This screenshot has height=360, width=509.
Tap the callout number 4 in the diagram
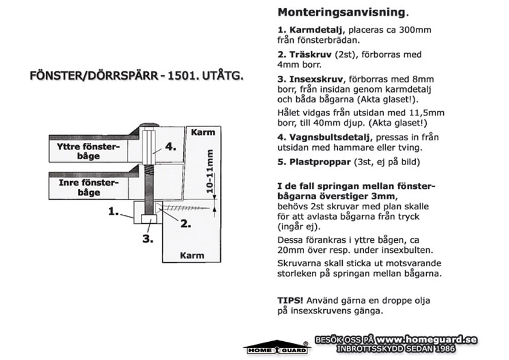coord(170,146)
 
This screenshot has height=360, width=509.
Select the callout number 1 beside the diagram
coord(113,212)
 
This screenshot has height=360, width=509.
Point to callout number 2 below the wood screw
coord(186,224)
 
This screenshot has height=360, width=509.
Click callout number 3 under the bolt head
coord(148,239)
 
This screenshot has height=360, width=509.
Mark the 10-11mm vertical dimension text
coord(210,171)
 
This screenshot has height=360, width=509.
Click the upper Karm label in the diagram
coord(203,133)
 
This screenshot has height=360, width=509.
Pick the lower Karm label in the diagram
coord(192,255)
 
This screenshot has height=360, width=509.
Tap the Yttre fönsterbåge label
coord(88,151)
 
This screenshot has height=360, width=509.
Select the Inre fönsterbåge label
coord(89,188)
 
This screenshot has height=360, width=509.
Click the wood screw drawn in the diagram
coord(183,208)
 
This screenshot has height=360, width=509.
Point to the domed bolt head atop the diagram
coord(149,125)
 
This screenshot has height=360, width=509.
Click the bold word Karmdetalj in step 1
coord(316,30)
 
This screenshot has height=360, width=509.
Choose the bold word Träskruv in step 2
coord(310,54)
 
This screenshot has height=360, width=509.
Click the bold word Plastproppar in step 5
coord(320,162)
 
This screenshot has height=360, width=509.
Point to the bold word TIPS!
coord(290,300)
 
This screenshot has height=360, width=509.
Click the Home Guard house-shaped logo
coord(277,347)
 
